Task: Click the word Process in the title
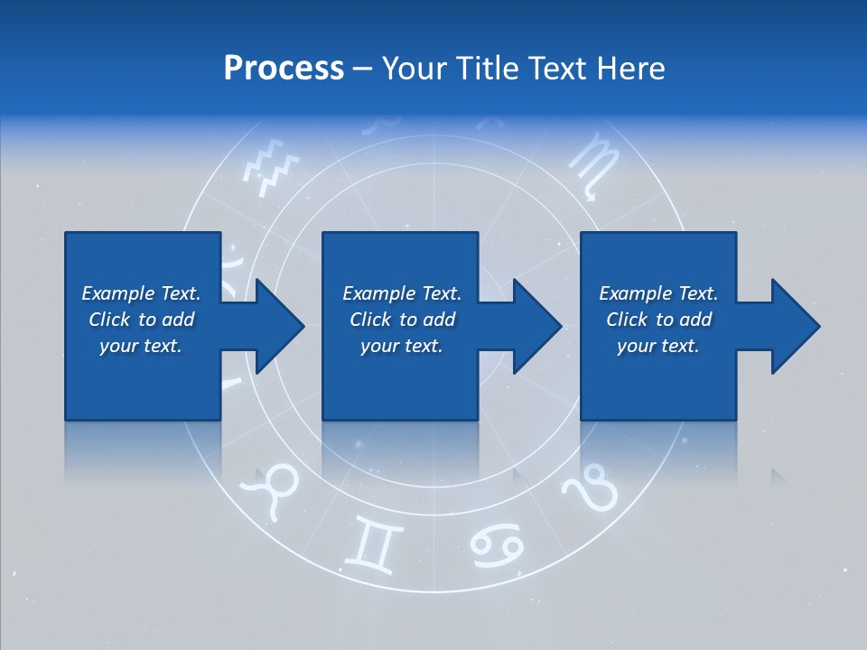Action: (x=284, y=68)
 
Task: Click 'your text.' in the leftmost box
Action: (x=141, y=346)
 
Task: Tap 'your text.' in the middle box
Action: (x=402, y=346)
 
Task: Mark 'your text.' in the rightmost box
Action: (x=658, y=346)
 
